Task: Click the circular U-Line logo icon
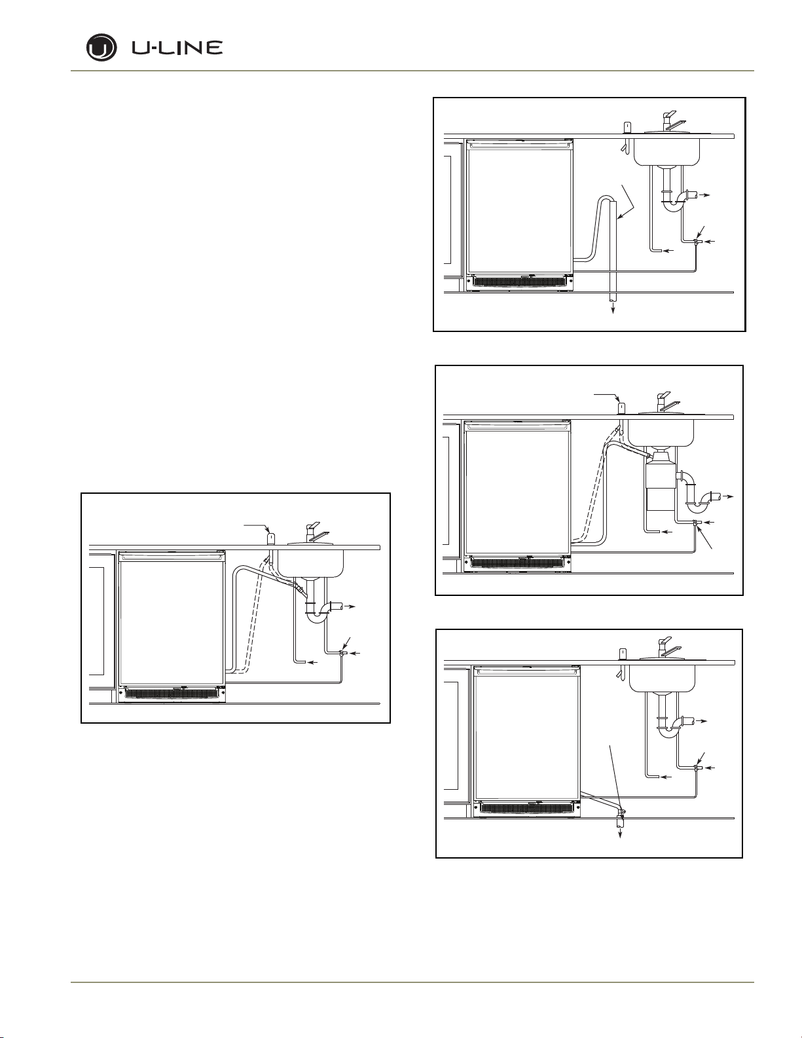click(x=101, y=48)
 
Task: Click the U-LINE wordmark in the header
click(x=177, y=48)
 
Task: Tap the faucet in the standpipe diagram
click(x=670, y=121)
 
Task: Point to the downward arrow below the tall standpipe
click(x=613, y=308)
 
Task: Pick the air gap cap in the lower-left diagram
click(x=270, y=538)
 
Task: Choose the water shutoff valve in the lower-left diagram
click(x=341, y=652)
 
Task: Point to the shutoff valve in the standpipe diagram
click(x=695, y=242)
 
